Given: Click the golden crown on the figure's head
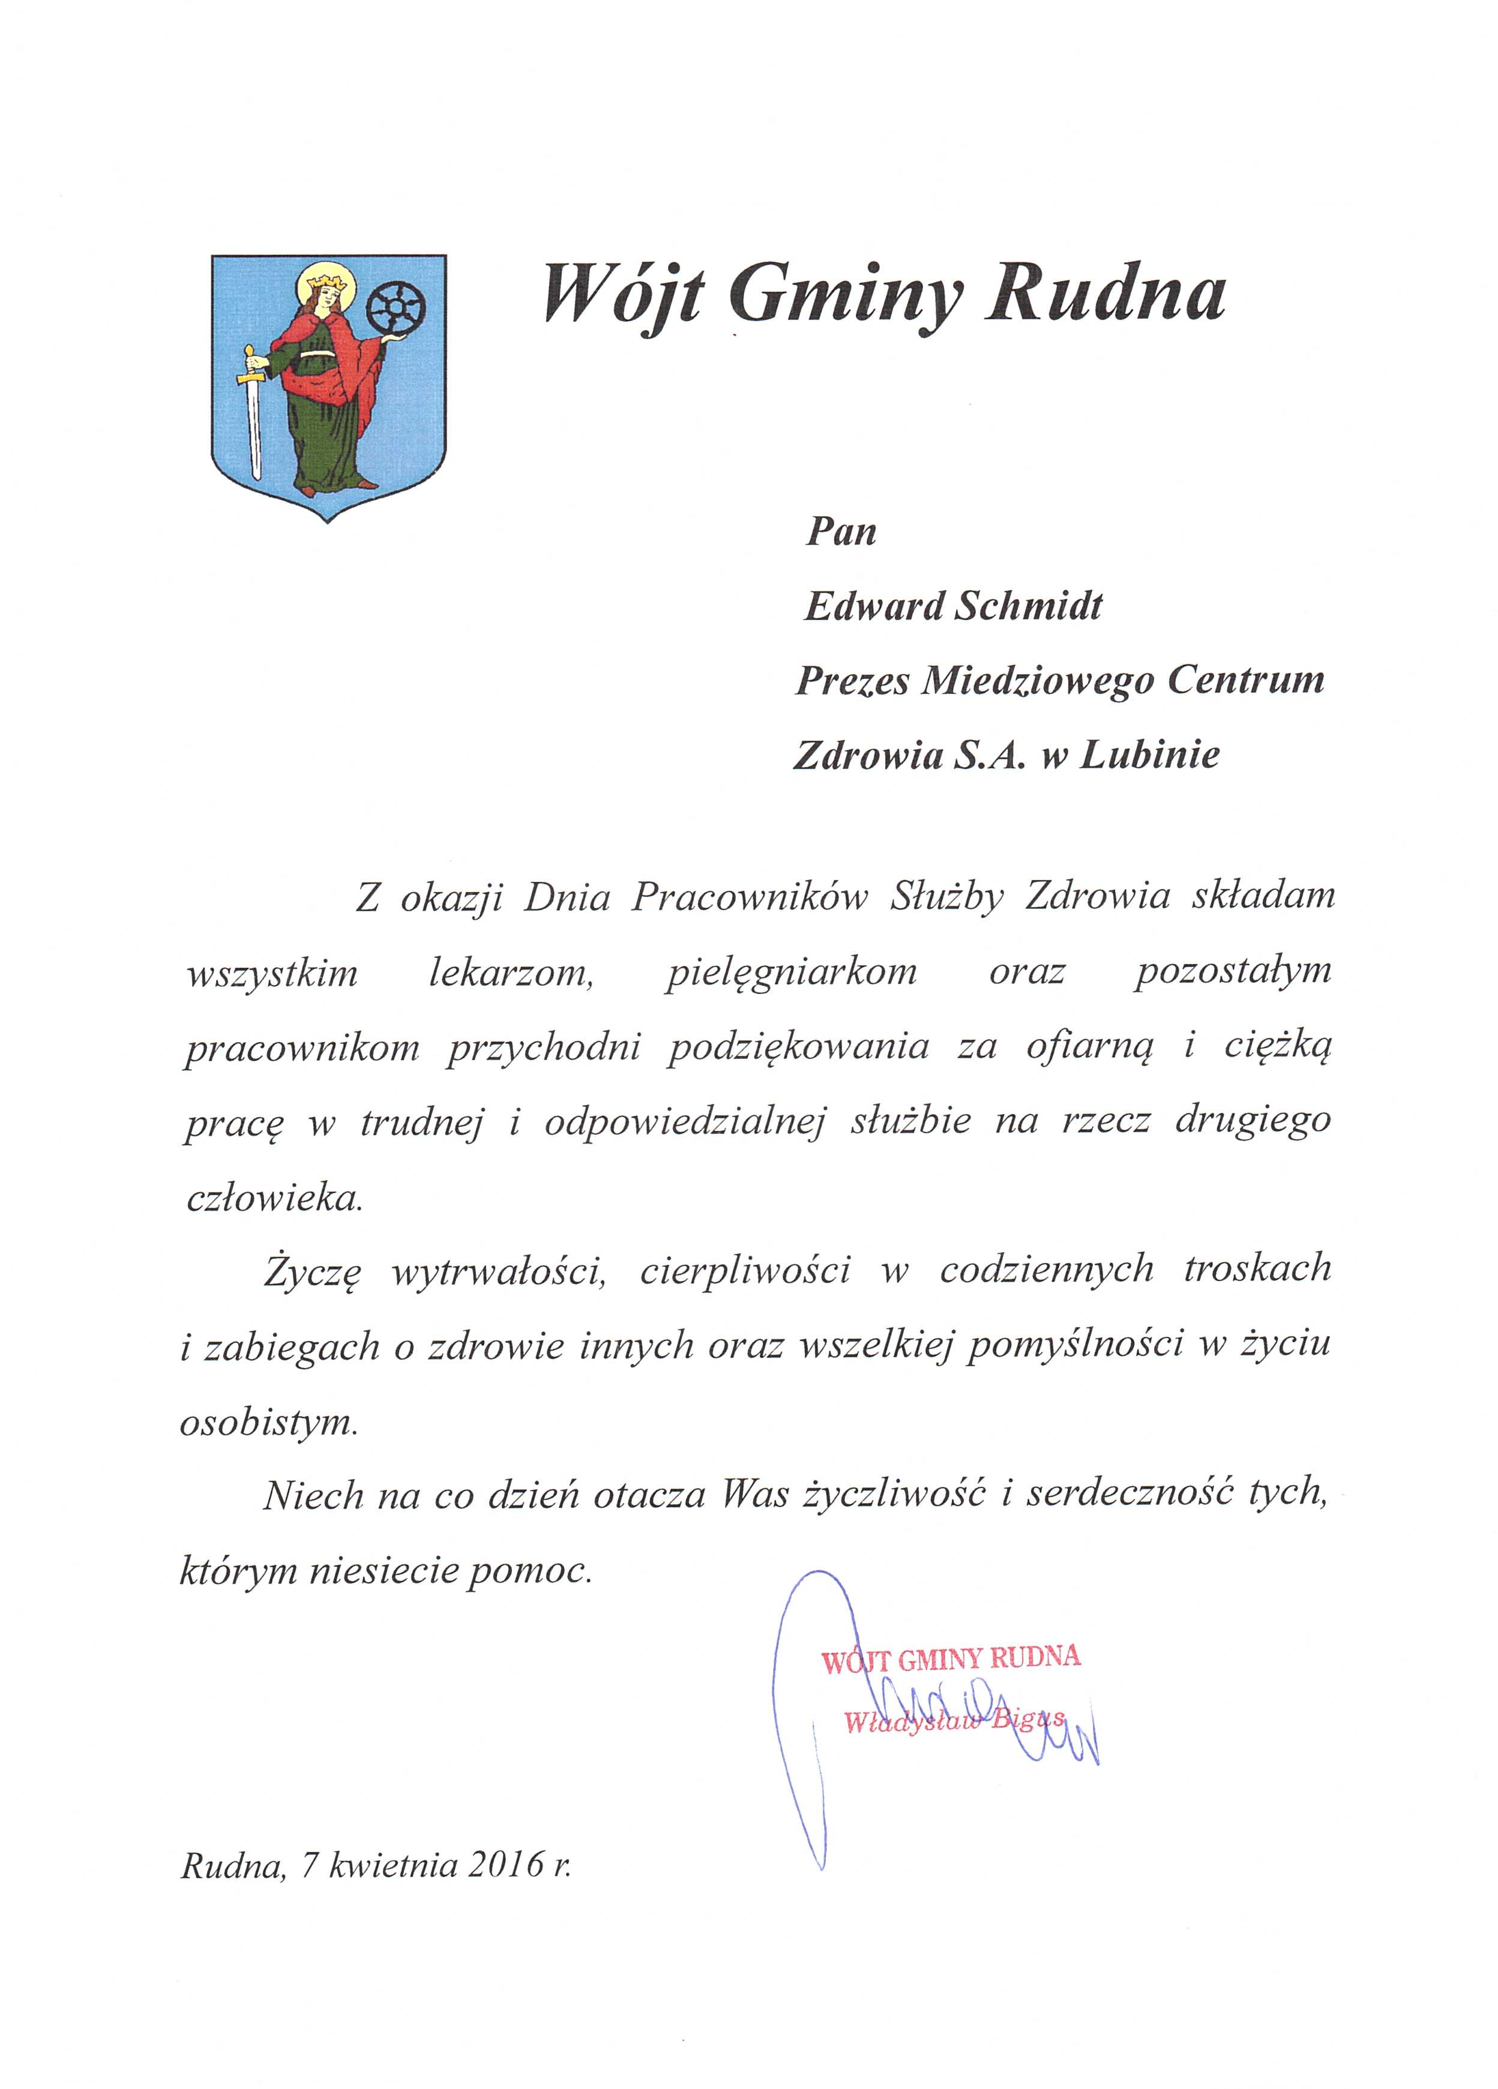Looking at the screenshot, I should point(328,276).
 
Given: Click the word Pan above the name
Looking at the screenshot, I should point(841,531).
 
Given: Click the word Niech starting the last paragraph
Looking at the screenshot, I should point(314,1497).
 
